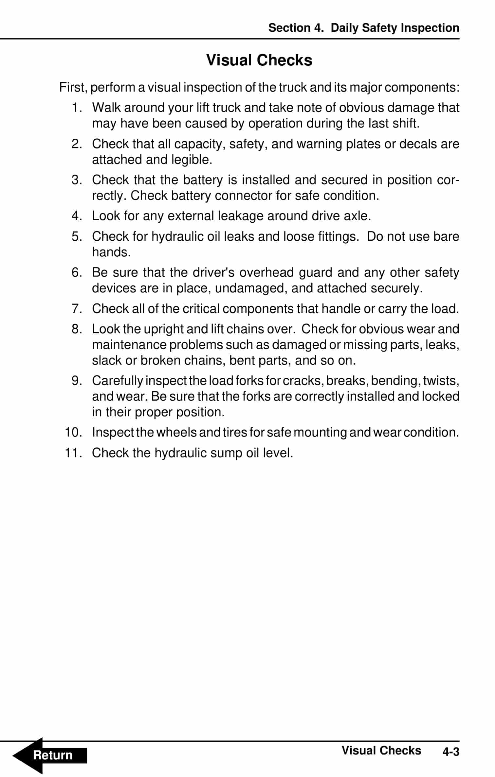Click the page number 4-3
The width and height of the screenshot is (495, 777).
(x=450, y=752)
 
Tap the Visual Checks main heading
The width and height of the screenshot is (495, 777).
(x=259, y=60)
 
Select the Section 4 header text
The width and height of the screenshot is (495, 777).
(x=363, y=28)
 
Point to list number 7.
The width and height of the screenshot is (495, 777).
(x=77, y=309)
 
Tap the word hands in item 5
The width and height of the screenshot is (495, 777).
(x=110, y=252)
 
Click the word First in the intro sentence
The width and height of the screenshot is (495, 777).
(x=72, y=88)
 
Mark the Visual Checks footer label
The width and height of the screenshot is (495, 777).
(x=381, y=751)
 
